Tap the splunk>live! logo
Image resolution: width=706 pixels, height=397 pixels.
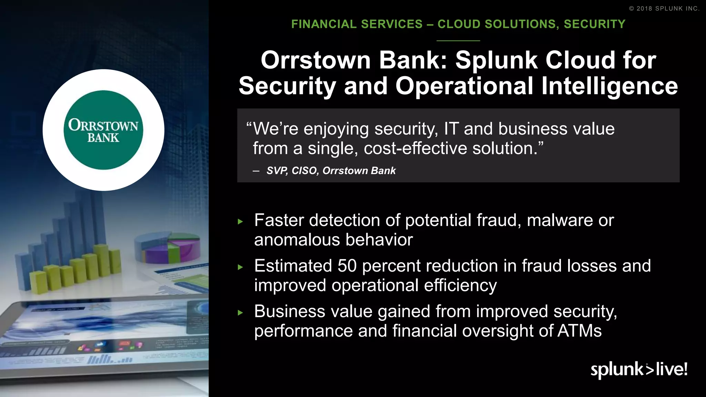639,369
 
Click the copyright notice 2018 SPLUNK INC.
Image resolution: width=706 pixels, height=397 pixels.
664,9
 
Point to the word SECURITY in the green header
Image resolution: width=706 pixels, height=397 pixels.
594,24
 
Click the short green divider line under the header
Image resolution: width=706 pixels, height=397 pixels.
458,41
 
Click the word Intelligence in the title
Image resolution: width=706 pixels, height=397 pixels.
609,86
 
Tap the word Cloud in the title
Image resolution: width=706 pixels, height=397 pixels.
580,60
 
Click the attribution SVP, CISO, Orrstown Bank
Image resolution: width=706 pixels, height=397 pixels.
331,171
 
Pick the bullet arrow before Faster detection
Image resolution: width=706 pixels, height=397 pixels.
241,222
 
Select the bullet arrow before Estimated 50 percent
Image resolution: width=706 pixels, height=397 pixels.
241,267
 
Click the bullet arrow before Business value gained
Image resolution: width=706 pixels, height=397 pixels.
241,313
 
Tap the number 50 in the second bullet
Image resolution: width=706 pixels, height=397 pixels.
347,266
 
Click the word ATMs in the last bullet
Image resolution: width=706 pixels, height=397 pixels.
579,331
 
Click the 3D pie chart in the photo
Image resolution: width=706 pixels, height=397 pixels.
168,247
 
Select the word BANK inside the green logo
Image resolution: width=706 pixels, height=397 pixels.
103,138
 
